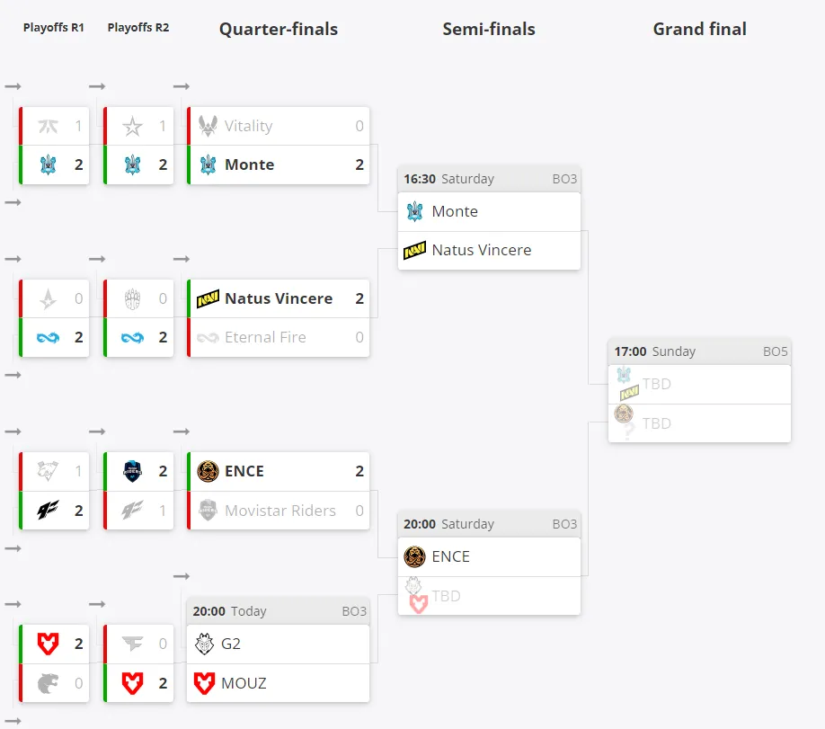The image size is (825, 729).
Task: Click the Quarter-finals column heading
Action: click(x=279, y=30)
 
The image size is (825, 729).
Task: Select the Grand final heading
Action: click(x=700, y=29)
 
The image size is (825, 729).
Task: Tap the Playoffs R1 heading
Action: click(x=54, y=27)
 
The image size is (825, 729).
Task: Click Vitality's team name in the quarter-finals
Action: click(x=248, y=126)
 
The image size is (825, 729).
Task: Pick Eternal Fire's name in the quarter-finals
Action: click(x=265, y=337)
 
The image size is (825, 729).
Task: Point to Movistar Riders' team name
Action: click(x=279, y=511)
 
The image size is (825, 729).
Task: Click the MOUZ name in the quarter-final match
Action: click(x=244, y=683)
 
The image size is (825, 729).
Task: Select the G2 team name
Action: click(x=231, y=644)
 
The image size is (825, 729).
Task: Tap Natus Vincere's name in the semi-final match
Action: click(x=482, y=250)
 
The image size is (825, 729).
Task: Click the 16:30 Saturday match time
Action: click(x=448, y=179)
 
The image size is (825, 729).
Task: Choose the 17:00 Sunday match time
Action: click(x=655, y=351)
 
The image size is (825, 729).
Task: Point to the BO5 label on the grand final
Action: click(x=775, y=351)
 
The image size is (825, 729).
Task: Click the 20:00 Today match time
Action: click(x=229, y=611)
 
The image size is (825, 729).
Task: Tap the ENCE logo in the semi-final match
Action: click(x=414, y=557)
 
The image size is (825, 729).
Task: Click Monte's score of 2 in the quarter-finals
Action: click(x=359, y=164)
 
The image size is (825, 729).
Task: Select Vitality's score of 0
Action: click(x=359, y=126)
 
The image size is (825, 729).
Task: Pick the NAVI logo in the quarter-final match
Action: click(x=208, y=298)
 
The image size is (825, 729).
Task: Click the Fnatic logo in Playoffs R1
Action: click(x=48, y=127)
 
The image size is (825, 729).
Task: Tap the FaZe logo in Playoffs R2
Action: click(x=132, y=644)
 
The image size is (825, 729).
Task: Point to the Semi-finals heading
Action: click(x=489, y=30)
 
